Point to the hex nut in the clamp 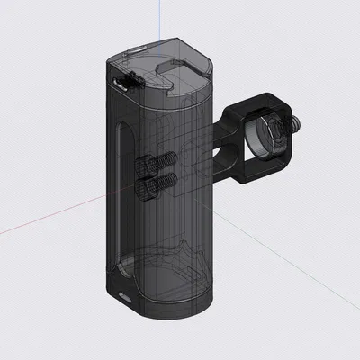pos(281,129)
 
